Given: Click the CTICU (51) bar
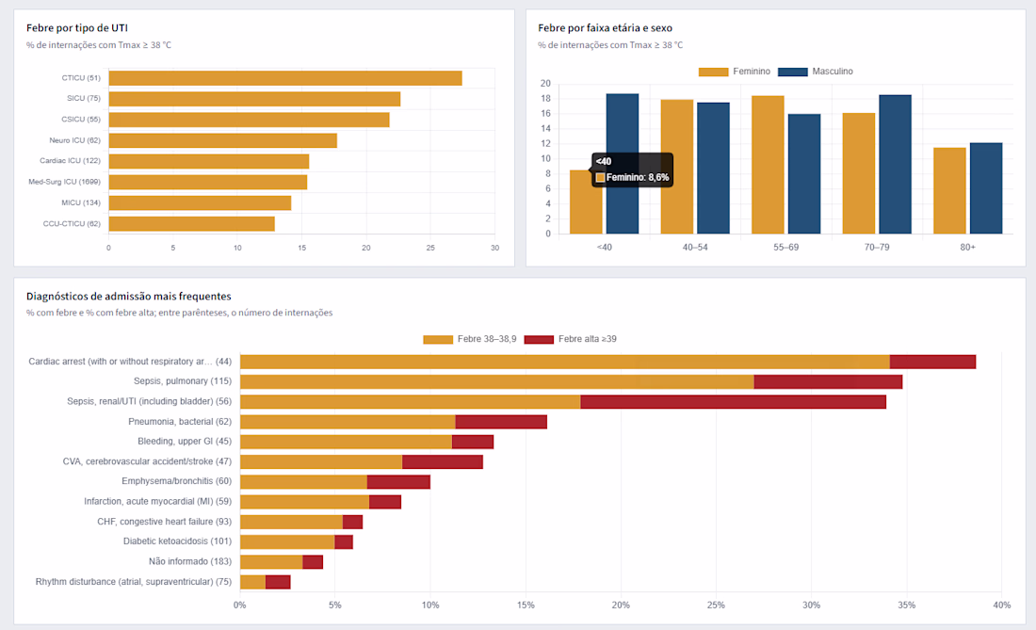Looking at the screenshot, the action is [x=285, y=78].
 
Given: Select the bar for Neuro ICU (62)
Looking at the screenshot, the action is [x=222, y=140].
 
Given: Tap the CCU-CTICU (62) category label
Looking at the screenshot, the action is [x=72, y=224].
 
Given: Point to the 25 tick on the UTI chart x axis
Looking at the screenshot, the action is [x=430, y=248].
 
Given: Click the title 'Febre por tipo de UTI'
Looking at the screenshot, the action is [x=77, y=27].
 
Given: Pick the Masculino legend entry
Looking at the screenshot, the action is [x=816, y=72].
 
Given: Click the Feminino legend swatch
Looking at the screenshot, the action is [x=714, y=72].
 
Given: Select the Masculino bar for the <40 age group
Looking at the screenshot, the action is [x=623, y=164].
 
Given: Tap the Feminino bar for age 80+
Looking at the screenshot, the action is [x=949, y=191].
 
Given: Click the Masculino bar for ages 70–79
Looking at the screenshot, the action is [x=896, y=165].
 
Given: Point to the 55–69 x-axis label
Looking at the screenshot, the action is [x=786, y=247].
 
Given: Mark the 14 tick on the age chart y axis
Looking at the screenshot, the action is [x=545, y=129].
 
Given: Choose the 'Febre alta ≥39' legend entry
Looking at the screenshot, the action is [x=571, y=339].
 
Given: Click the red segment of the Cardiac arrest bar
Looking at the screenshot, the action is [x=933, y=362].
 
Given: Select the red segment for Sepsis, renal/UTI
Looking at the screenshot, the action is [x=734, y=401].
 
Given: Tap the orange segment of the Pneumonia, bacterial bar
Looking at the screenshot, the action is [x=348, y=422].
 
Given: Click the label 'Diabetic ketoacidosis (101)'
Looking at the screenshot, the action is [x=178, y=541].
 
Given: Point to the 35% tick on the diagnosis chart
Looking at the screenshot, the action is [x=906, y=605].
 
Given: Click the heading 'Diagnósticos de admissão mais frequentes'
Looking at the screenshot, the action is [x=129, y=297].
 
